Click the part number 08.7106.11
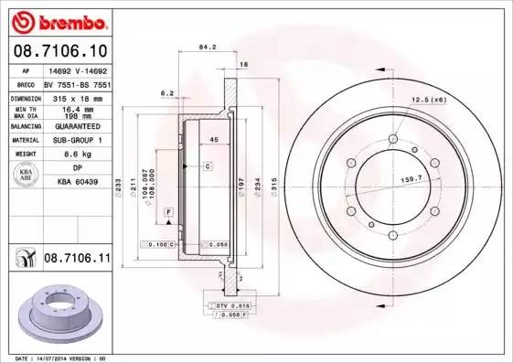tap(76, 260)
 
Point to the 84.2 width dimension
tap(207, 48)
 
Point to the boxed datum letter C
tap(208, 166)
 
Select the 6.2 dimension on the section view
tap(166, 93)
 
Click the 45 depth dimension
tap(213, 139)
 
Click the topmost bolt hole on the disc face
tap(392, 139)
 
